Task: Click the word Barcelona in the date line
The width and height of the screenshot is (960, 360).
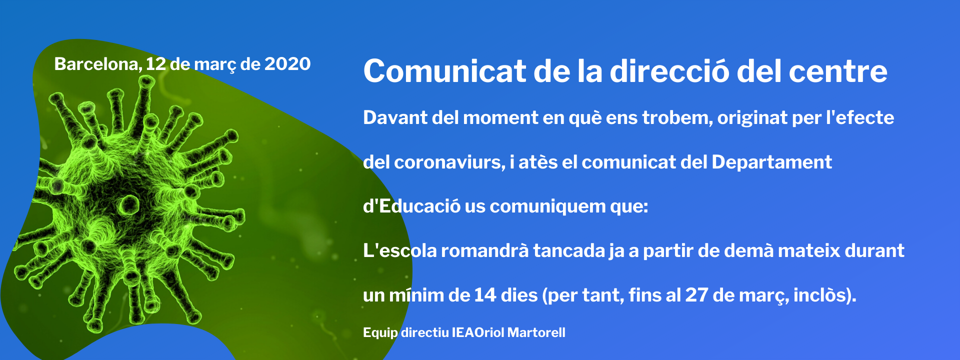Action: pos(98,64)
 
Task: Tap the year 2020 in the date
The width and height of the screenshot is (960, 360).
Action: pos(287,64)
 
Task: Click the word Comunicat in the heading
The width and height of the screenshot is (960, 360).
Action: pos(444,71)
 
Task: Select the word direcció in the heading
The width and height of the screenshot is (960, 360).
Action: pos(669,71)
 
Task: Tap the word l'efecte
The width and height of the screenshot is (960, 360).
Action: pos(860,117)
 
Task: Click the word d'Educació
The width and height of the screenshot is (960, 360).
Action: pos(411,206)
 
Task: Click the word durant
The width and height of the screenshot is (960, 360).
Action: pos(874,250)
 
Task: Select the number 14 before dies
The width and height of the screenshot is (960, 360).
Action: pos(485,295)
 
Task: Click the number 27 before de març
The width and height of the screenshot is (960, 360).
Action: pos(696,295)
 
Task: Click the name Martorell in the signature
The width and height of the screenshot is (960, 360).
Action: pos(536,332)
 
